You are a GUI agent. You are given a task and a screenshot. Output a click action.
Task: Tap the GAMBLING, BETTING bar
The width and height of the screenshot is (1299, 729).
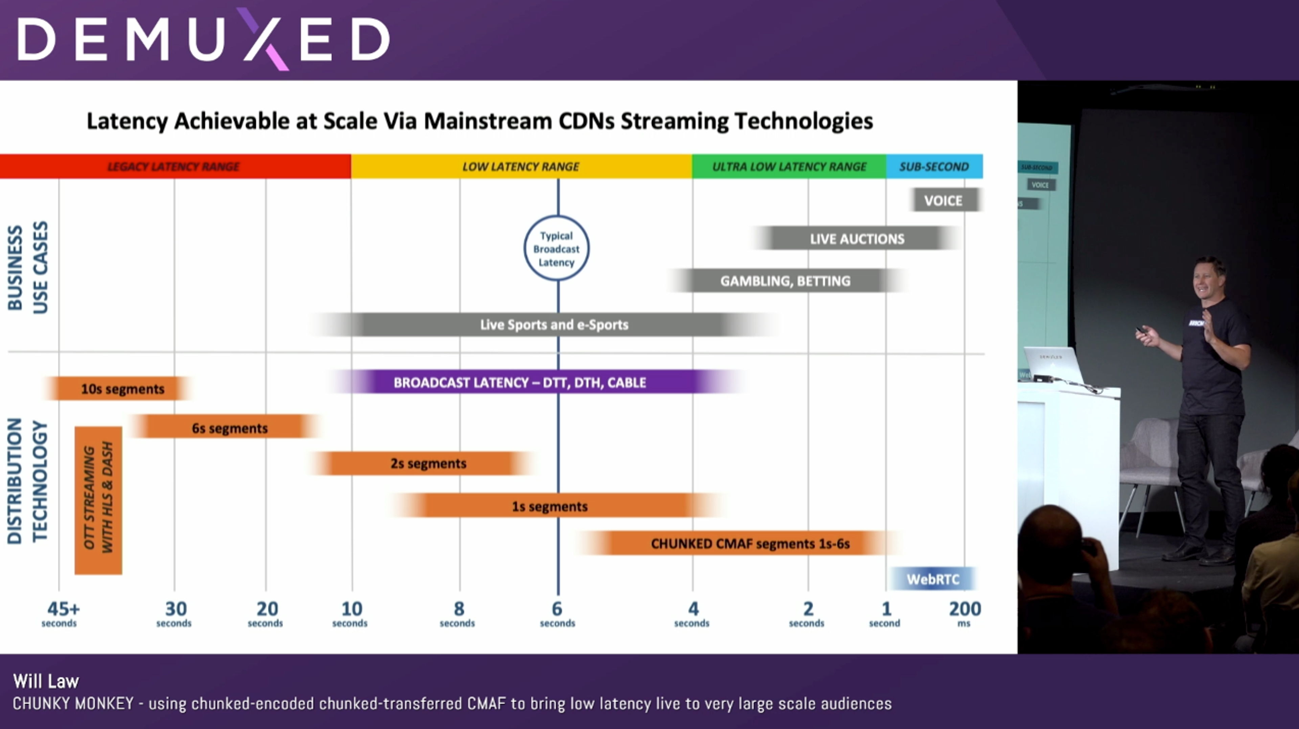(785, 281)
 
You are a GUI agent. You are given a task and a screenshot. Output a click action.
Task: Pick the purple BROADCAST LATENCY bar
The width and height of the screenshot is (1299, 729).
(519, 382)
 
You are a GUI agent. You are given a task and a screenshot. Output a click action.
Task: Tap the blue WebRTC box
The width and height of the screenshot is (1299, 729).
(933, 579)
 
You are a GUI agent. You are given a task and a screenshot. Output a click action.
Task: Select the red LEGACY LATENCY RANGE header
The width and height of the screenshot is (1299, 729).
(174, 166)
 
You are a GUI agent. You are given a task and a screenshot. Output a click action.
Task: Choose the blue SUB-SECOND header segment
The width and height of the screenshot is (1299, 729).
(934, 166)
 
